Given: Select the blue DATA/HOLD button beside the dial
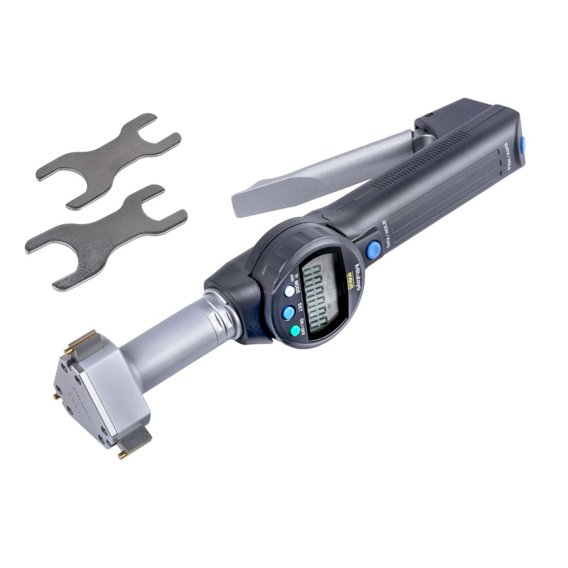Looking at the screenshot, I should [374, 248].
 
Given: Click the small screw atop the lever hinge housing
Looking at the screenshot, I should [428, 115].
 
